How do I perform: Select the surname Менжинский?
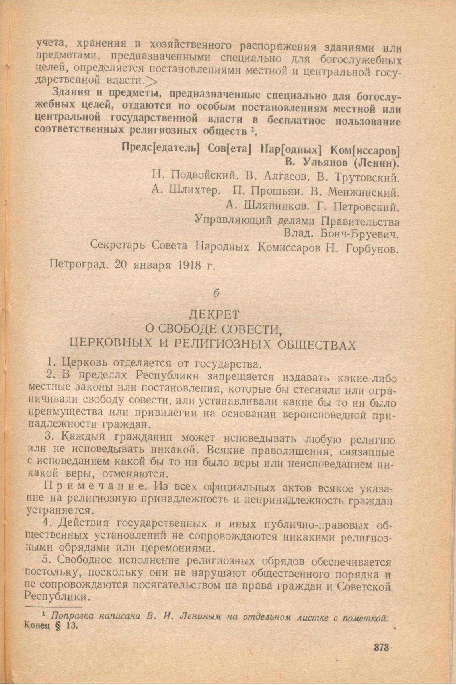(363, 192)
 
